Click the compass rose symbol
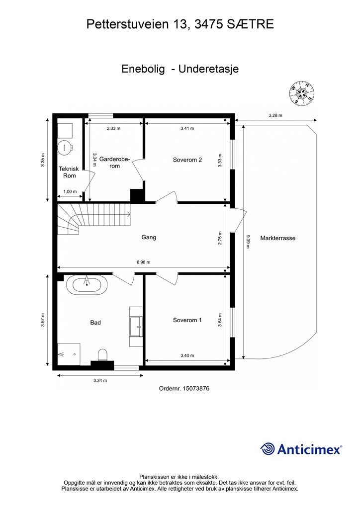tap(302, 92)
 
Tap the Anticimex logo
tap(301, 449)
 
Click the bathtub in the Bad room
tap(87, 285)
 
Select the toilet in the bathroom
tap(102, 355)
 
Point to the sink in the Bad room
tap(136, 327)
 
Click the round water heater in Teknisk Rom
tap(66, 147)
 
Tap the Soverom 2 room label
tap(187, 160)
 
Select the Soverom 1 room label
tap(187, 320)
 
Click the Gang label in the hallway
tap(149, 237)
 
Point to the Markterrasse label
tap(278, 238)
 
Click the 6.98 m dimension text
tap(144, 262)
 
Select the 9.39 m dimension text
tap(248, 242)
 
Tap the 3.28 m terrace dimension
tap(275, 115)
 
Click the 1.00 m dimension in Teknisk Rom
tap(70, 191)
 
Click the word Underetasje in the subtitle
tap(208, 69)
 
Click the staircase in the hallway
tap(94, 219)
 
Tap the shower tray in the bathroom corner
tap(69, 354)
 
